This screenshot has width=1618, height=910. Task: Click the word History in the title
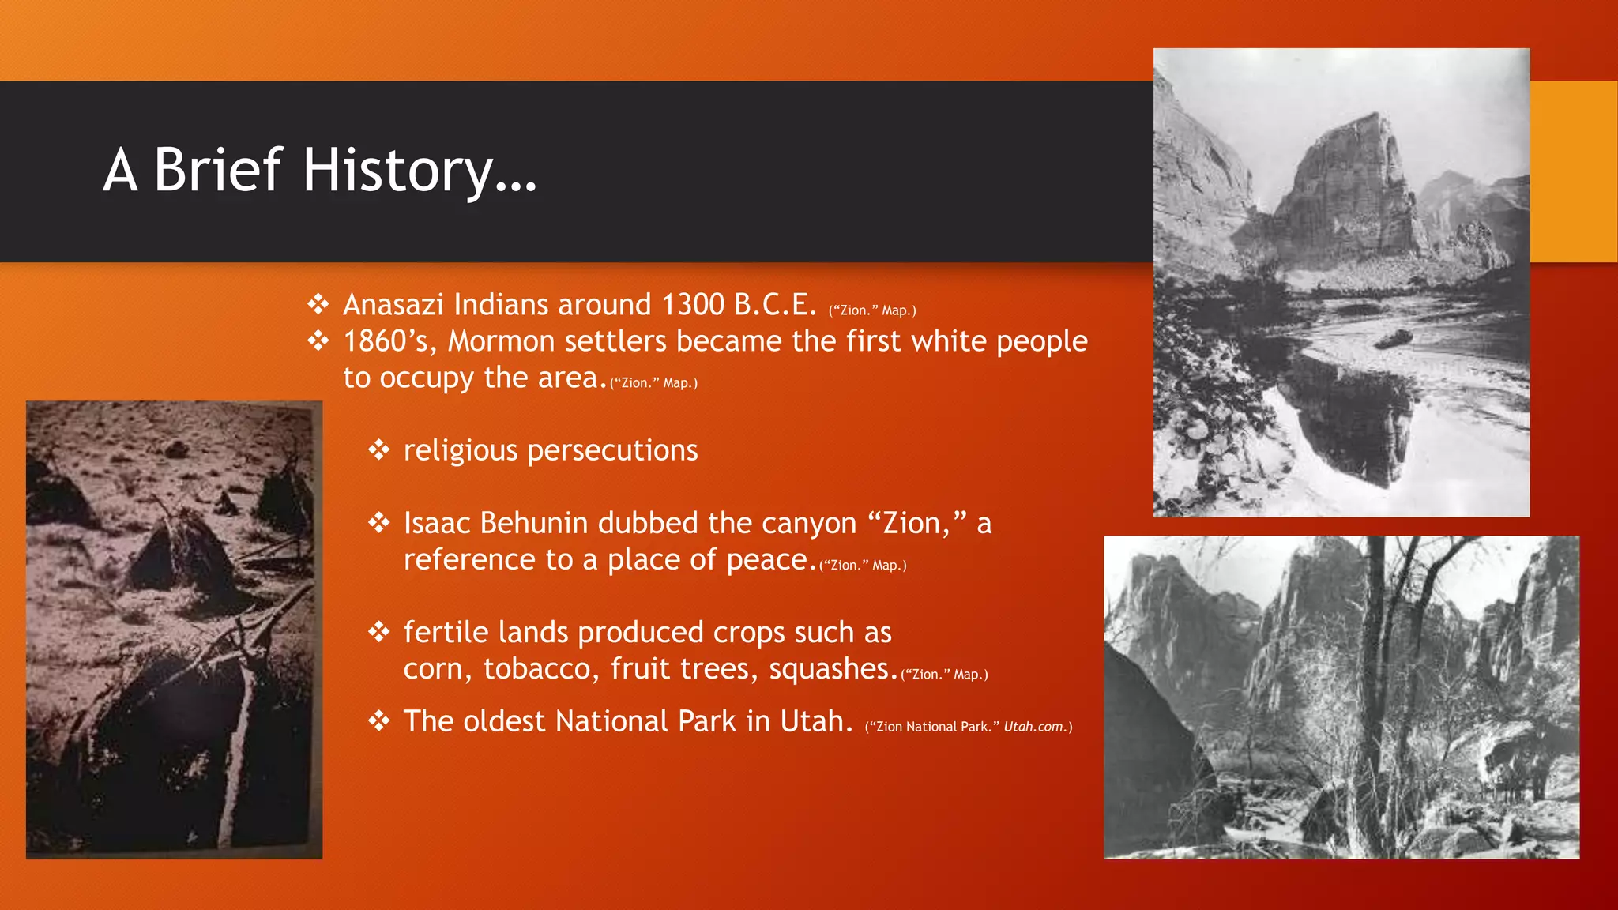coord(399,170)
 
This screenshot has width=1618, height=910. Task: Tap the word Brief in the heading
coord(217,170)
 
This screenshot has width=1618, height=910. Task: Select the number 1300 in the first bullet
coord(693,305)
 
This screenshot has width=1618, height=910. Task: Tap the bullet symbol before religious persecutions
coord(379,450)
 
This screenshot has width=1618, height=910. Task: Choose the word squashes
coord(833,669)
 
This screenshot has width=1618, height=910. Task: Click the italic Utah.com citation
coord(1034,727)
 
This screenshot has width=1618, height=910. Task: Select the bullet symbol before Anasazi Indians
coord(318,304)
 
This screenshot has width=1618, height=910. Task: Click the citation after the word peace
coord(863,566)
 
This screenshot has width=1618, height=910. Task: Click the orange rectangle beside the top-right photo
coord(1573,171)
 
